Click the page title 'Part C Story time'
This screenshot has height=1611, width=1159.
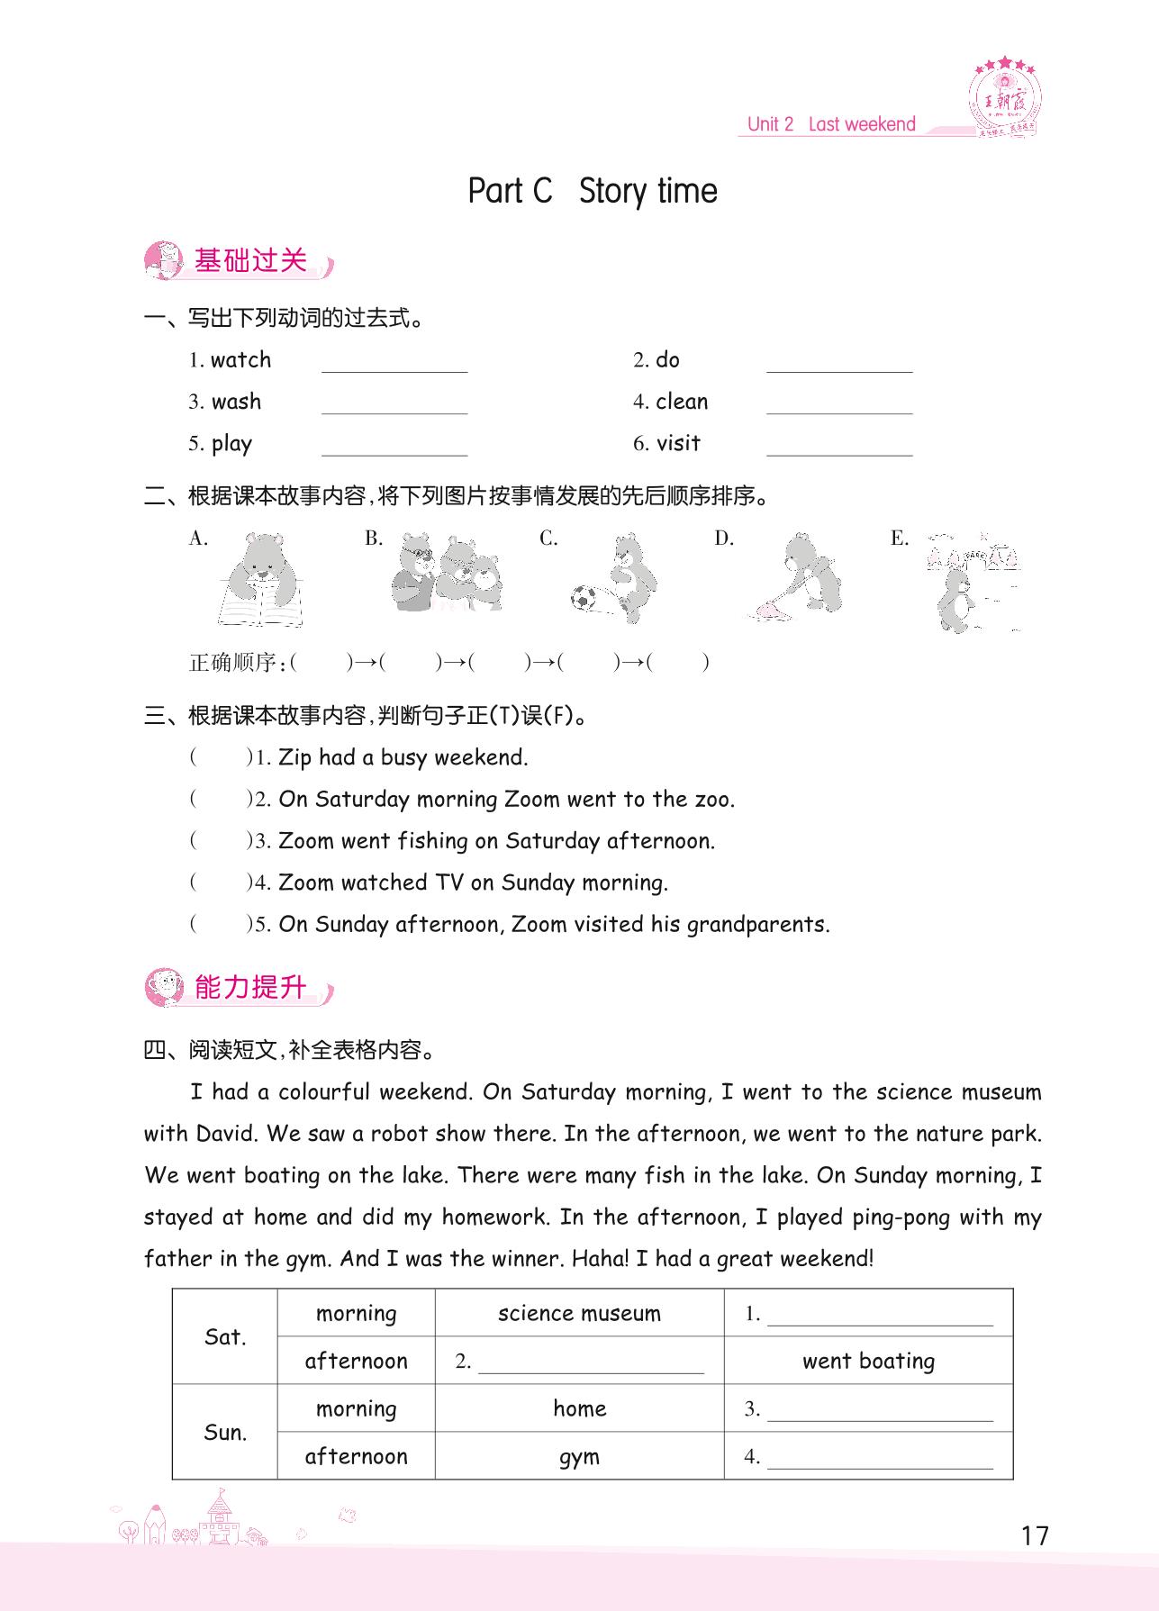point(593,191)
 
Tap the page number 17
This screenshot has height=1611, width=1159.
point(1035,1535)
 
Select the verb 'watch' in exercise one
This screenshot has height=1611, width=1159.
point(240,360)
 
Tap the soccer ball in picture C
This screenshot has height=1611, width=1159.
point(584,597)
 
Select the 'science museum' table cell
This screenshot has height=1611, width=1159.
point(579,1313)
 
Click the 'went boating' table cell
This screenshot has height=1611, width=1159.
point(868,1361)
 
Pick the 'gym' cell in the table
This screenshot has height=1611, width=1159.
point(579,1457)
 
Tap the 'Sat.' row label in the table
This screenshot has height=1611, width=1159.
point(225,1336)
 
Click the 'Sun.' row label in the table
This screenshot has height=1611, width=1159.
point(225,1433)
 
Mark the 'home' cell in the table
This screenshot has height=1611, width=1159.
point(579,1408)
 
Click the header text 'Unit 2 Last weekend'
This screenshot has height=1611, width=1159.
point(831,124)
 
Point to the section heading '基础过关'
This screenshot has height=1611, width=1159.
point(250,261)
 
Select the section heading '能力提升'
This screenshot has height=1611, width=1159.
point(250,988)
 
